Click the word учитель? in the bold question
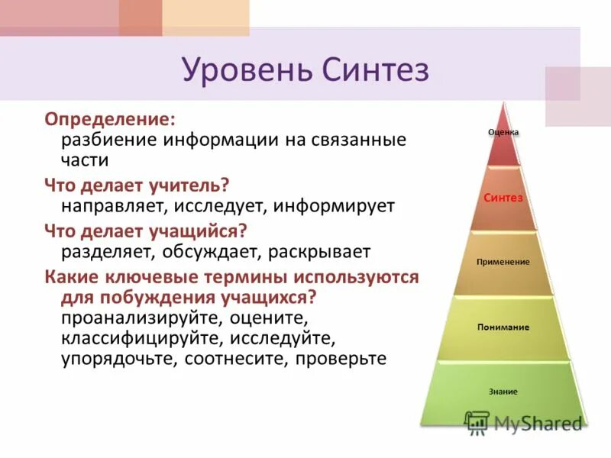tap(190, 185)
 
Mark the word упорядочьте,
tap(119, 358)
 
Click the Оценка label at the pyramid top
tap(503, 131)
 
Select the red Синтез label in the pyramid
tap(503, 198)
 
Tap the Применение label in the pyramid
tap(503, 262)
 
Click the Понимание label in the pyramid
tap(503, 327)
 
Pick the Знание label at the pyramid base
tap(503, 392)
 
